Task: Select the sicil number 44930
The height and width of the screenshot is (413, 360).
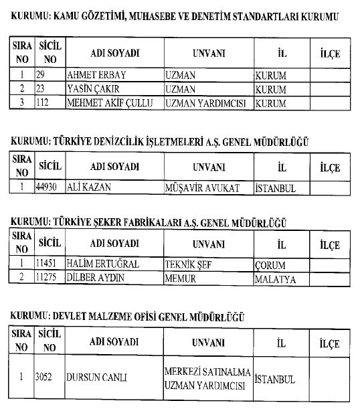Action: pos(48,188)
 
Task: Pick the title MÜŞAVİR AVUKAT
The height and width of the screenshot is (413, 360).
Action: pos(201,188)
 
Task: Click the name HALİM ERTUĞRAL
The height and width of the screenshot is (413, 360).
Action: pos(102,264)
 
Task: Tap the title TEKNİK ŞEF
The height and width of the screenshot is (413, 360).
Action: pos(188,264)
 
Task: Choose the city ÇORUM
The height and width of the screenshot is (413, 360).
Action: pos(270,264)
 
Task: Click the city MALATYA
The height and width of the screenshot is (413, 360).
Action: pos(274,279)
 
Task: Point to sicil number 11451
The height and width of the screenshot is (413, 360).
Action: pos(49,264)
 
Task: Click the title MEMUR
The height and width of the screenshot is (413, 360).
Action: pos(180,279)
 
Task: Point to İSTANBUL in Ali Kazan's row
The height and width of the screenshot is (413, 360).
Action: pos(275,188)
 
